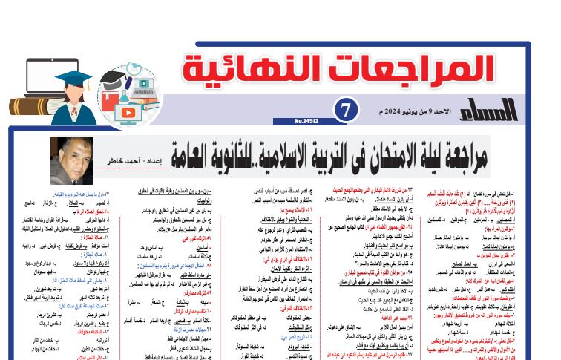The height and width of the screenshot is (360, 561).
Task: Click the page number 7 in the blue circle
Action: point(347,109)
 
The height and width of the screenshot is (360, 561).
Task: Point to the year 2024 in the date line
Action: point(393,111)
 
